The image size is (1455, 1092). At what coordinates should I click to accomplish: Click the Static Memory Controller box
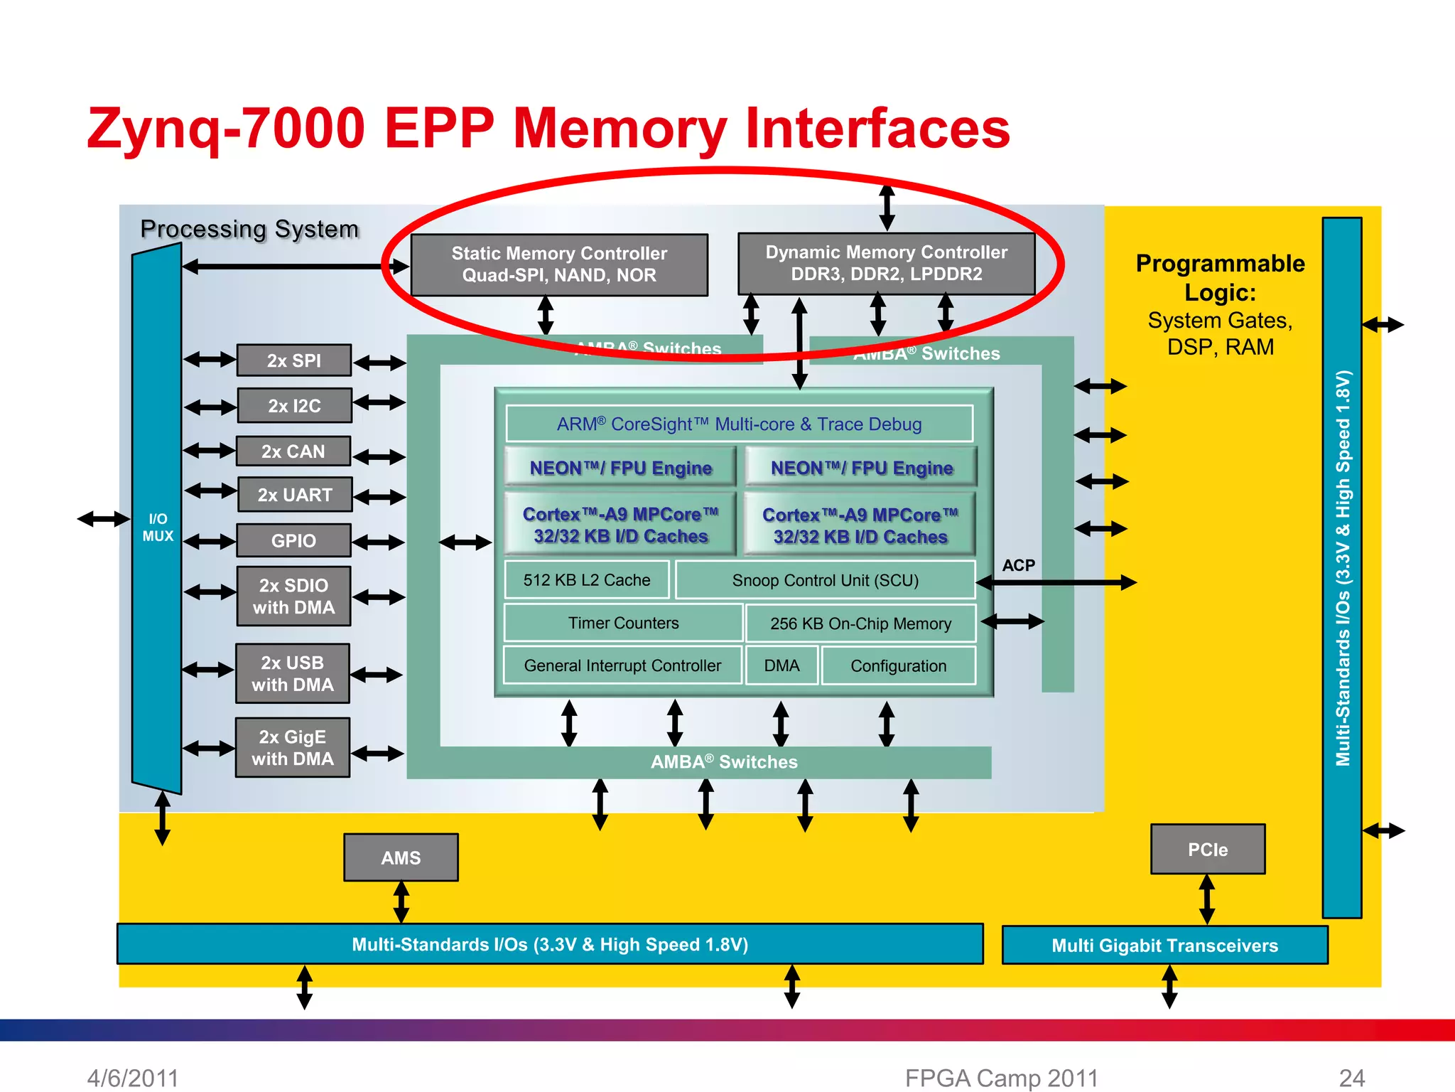coord(559,264)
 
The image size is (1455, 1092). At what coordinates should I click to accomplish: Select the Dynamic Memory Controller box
coord(886,264)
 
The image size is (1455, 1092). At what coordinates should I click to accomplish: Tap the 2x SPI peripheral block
coord(293,360)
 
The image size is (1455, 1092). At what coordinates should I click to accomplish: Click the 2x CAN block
coord(293,451)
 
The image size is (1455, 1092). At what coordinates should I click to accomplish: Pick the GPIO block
coord(293,541)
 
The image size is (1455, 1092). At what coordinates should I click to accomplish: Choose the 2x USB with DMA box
coord(293,673)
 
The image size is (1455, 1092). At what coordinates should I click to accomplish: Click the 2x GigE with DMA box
coord(293,747)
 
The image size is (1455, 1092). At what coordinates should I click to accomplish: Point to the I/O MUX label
coord(158,528)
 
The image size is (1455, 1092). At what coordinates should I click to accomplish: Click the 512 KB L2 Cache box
coord(587,580)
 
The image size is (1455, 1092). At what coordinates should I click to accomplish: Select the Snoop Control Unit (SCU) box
coord(825,580)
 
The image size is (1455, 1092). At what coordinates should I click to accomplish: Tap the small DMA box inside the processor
coord(781,665)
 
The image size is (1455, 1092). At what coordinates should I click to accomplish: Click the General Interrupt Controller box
coord(622,665)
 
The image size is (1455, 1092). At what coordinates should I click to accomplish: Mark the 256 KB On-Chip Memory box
coord(860,623)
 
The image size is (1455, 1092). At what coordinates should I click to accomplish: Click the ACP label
coord(1018,565)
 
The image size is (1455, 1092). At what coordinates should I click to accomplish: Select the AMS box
coord(401,857)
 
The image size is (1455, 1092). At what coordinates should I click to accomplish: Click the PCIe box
coord(1208,850)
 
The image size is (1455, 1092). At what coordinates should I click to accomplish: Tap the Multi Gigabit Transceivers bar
coord(1164,946)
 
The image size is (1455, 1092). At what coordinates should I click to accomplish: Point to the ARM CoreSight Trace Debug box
coord(739,424)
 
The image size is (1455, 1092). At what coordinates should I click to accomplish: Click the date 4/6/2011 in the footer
coord(132,1078)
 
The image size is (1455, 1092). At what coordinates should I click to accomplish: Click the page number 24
coord(1351,1078)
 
